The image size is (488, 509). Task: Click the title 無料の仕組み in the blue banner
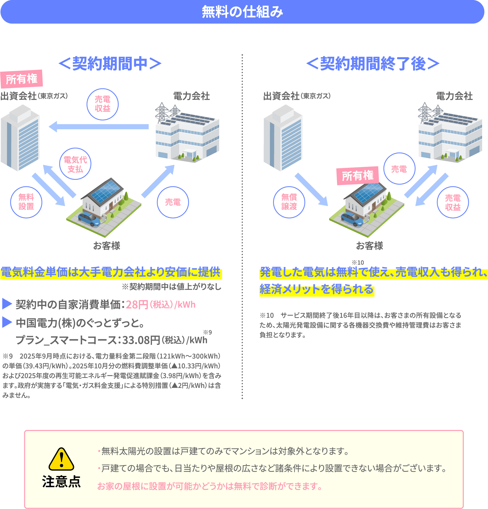[x=242, y=12]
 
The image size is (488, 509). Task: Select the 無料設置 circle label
[x=26, y=202]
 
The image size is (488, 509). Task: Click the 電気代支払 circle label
[x=75, y=164]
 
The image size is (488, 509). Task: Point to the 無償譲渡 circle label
[x=289, y=202]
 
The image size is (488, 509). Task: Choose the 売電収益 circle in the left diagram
[x=102, y=104]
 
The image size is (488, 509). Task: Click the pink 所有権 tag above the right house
[x=358, y=176]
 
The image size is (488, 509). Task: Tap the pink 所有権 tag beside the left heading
[x=22, y=79]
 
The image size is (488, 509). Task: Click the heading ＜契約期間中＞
[x=110, y=64]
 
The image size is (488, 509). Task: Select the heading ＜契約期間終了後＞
[x=373, y=64]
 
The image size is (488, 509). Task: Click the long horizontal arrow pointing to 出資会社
[x=98, y=127]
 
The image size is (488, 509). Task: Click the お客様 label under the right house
[x=369, y=245]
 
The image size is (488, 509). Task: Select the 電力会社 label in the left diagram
[x=192, y=96]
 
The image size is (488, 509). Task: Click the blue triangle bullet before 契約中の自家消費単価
[x=7, y=304]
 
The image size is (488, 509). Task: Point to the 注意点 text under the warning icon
[x=61, y=482]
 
